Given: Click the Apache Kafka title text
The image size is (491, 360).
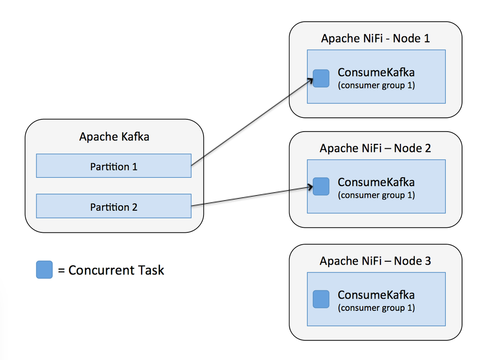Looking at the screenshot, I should [114, 137].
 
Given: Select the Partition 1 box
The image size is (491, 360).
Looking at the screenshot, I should [114, 166].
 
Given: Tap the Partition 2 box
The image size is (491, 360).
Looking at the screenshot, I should [114, 207].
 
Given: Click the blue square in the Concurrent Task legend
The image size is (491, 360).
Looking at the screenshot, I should [44, 270].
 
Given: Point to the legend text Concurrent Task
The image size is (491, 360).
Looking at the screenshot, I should [116, 270].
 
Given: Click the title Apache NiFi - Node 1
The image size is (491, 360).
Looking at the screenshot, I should [375, 38].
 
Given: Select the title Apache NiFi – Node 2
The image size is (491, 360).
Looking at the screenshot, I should [375, 148].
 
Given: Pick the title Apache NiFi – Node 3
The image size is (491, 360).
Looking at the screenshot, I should [375, 261].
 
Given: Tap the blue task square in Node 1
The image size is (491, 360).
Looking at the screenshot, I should [321, 79].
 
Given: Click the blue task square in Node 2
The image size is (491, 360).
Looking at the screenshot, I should [321, 186].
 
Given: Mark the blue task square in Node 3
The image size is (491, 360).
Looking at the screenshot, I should [321, 299].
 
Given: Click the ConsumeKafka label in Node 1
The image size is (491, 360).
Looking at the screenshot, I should [376, 73].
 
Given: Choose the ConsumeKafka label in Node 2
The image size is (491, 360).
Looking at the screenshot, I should [376, 182].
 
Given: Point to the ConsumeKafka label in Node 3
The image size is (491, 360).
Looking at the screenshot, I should [376, 295].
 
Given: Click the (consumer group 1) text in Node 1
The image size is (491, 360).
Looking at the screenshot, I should [376, 85].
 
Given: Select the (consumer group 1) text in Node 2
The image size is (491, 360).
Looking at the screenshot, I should [376, 195].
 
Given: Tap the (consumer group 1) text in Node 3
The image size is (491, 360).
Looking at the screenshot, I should [376, 308].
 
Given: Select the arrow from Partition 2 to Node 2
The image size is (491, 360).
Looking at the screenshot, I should [251, 196].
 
